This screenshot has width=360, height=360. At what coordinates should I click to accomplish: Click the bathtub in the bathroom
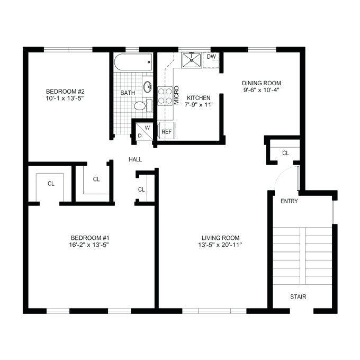[133, 62]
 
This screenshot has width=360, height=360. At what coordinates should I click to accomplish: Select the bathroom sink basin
[148, 87]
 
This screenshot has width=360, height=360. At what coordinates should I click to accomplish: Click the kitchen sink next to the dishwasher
[192, 60]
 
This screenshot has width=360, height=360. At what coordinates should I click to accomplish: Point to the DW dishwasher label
[211, 57]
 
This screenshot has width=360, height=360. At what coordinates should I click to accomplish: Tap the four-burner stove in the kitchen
[165, 96]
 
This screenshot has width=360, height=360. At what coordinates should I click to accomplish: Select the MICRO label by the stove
[176, 95]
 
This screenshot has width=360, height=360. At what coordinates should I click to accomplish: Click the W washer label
[147, 128]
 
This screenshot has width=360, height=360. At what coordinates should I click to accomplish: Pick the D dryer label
[140, 136]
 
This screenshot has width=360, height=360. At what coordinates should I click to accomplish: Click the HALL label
[135, 159]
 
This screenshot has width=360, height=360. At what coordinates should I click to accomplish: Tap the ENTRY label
[289, 201]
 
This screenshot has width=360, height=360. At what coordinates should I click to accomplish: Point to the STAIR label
[298, 296]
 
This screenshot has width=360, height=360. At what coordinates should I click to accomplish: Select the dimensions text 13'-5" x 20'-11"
[220, 245]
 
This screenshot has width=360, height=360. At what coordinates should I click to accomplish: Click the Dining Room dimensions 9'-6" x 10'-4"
[262, 90]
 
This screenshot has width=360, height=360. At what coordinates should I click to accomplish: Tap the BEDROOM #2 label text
[65, 92]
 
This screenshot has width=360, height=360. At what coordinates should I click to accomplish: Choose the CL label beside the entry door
[285, 153]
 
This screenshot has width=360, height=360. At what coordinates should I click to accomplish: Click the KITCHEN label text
[199, 98]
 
